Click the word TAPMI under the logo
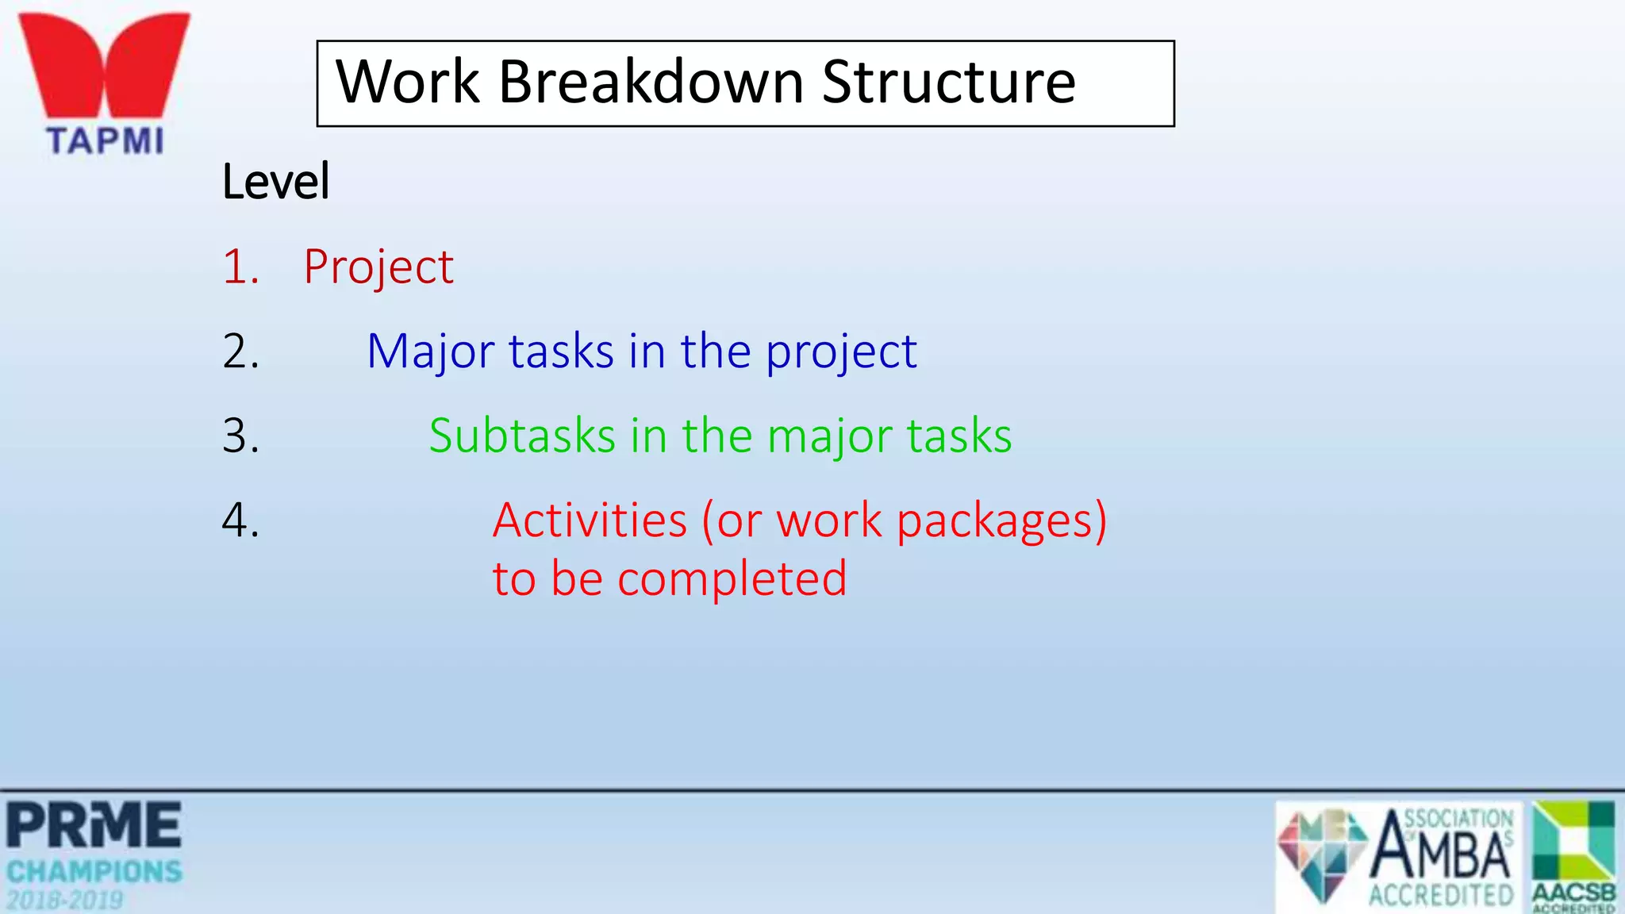tap(105, 141)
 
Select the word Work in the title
tap(408, 83)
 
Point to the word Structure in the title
tap(948, 83)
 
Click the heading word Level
tap(275, 182)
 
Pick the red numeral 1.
tap(240, 267)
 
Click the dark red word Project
tap(378, 267)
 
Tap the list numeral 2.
tap(240, 351)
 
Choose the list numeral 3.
tap(240, 436)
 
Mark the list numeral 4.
tap(240, 520)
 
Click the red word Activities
tap(590, 520)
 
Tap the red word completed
tap(732, 578)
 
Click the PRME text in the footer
tap(94, 826)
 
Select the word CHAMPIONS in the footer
tap(94, 872)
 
